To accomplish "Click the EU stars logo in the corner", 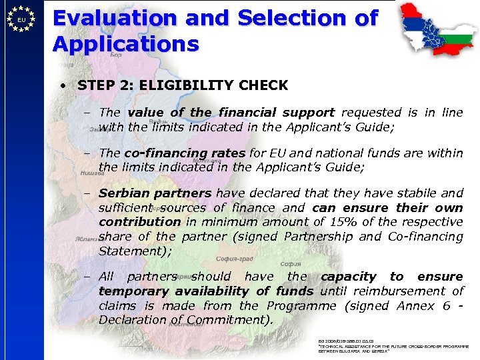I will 22,19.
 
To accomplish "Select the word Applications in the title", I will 126,45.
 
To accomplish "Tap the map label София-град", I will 235,259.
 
